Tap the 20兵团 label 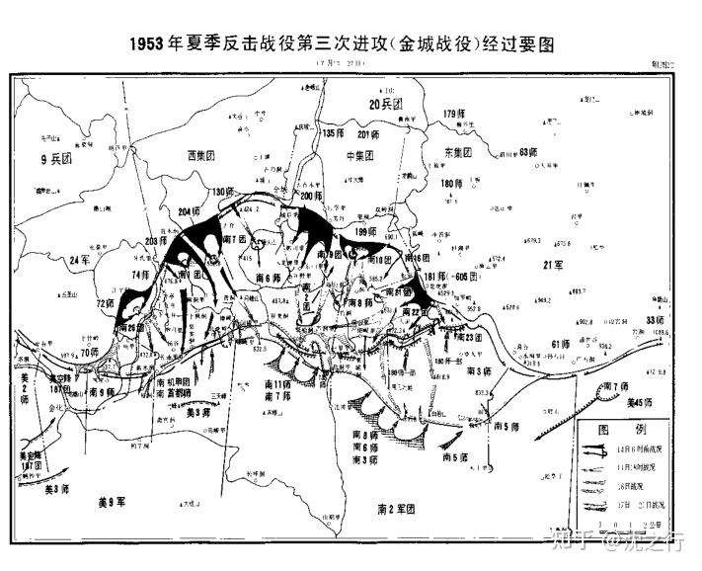pos(387,104)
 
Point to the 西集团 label pos(204,156)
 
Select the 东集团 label pos(456,154)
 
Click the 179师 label pos(453,115)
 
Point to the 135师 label pos(334,134)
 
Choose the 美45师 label pos(644,402)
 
